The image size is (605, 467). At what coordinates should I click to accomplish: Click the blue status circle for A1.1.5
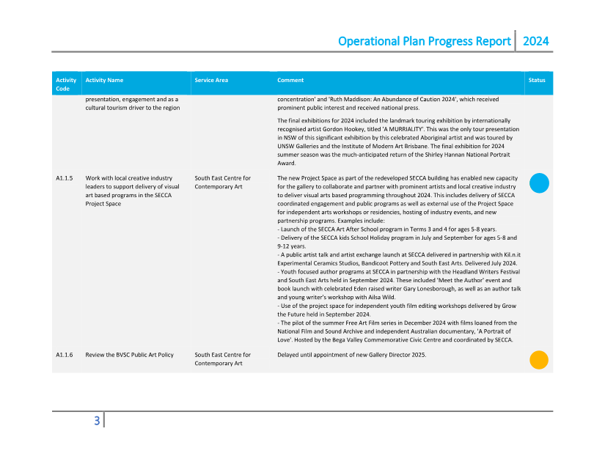(539, 183)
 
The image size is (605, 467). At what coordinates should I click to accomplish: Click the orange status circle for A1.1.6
(539, 360)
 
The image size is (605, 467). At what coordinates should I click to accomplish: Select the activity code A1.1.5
(64, 178)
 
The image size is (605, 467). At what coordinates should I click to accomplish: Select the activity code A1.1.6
(64, 355)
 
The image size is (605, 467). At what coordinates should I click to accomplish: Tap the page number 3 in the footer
(96, 421)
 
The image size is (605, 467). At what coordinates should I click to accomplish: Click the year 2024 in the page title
(535, 41)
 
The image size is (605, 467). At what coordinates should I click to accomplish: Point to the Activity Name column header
(104, 80)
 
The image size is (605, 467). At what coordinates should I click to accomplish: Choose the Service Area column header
(211, 80)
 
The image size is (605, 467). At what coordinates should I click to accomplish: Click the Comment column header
(290, 80)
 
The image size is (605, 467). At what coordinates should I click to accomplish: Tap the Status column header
(537, 80)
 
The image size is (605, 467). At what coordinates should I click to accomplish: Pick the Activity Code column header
(66, 84)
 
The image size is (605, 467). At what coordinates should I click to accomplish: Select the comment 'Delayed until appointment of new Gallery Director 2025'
(351, 355)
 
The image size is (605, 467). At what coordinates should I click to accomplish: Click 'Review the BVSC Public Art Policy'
(129, 355)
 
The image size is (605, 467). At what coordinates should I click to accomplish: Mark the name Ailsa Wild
(381, 297)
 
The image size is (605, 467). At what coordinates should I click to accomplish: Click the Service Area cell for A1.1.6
(222, 359)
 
